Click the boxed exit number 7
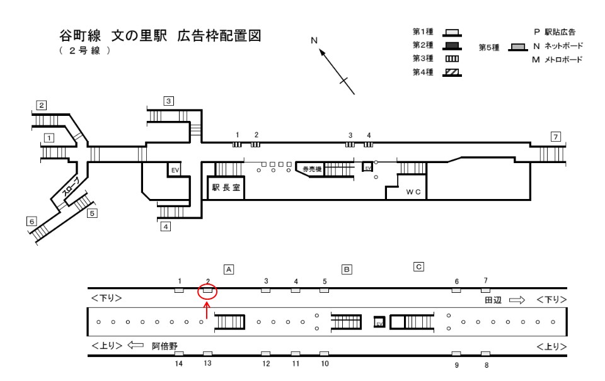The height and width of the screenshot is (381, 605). click(x=555, y=137)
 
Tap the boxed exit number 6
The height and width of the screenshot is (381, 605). click(x=31, y=221)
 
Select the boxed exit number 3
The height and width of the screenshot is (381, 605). click(x=169, y=100)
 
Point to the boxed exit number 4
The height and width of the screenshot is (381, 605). click(x=166, y=227)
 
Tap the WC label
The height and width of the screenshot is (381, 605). click(x=413, y=191)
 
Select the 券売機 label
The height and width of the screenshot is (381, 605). click(x=311, y=169)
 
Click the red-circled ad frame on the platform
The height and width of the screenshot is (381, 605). click(x=207, y=291)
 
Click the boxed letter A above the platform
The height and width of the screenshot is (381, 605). click(x=229, y=269)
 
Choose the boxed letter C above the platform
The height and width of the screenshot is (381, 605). click(x=418, y=266)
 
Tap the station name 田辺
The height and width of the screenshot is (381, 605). click(x=493, y=300)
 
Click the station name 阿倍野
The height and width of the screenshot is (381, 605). click(x=164, y=346)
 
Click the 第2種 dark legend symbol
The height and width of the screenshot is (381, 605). click(x=451, y=45)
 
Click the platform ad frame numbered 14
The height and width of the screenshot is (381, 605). click(x=179, y=354)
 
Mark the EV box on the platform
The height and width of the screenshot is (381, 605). click(x=379, y=322)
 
